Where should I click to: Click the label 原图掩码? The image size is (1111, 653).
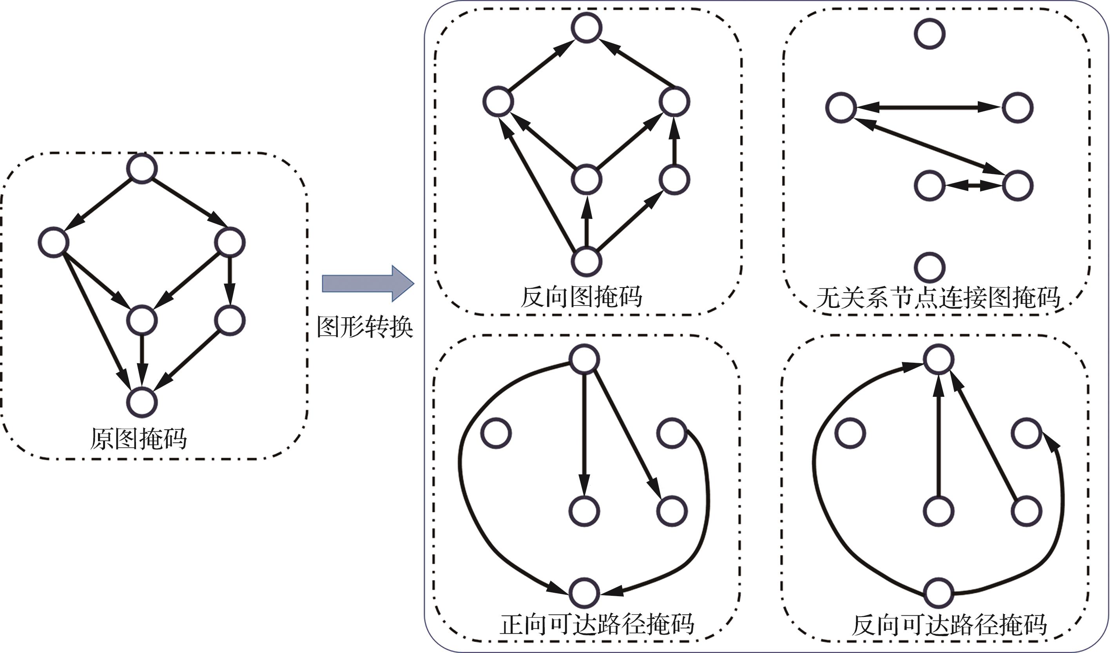[x=138, y=438]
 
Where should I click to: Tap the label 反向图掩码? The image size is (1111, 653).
[x=581, y=297]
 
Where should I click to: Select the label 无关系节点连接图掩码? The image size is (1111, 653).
[x=938, y=298]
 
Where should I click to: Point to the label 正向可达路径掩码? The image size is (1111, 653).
[x=596, y=624]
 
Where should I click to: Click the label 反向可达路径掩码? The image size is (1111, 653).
[x=949, y=625]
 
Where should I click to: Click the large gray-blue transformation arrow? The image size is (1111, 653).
[x=368, y=283]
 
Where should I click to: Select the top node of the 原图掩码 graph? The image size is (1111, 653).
[x=142, y=168]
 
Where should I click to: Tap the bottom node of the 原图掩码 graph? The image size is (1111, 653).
[x=142, y=402]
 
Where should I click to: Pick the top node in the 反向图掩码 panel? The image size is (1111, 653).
[x=586, y=27]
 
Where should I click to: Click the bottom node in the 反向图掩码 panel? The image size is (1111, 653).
[x=586, y=262]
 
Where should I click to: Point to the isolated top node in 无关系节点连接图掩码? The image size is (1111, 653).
[x=930, y=33]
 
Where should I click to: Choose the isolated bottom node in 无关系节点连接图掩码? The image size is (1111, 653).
[x=930, y=268]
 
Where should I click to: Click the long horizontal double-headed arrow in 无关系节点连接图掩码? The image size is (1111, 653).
[x=929, y=107]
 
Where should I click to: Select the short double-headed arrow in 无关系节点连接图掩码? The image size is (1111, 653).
[x=973, y=186]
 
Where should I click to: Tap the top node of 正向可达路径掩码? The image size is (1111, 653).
[x=584, y=359]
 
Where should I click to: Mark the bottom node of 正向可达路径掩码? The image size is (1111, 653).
[x=584, y=593]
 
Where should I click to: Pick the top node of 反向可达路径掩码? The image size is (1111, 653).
[x=939, y=359]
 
